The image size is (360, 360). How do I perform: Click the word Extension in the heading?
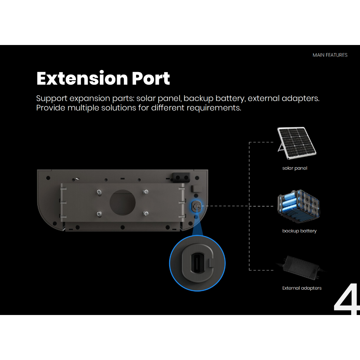tap(82, 78)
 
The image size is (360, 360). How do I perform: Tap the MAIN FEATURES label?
tap(330, 55)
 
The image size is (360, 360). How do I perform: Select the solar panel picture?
tap(297, 143)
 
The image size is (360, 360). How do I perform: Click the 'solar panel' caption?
tap(295, 168)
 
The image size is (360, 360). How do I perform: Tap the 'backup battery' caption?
tap(300, 231)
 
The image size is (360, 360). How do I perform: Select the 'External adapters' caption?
tap(302, 288)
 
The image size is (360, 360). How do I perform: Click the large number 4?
tap(347, 299)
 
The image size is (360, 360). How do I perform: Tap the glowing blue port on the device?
tap(196, 206)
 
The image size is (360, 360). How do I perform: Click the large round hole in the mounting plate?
tap(123, 202)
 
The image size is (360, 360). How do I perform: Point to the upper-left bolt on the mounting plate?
tap(99, 192)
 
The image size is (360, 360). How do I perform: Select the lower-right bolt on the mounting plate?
tap(146, 213)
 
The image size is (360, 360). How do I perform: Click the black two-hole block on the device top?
tap(181, 178)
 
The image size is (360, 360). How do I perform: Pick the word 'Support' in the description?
tap(52, 98)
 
